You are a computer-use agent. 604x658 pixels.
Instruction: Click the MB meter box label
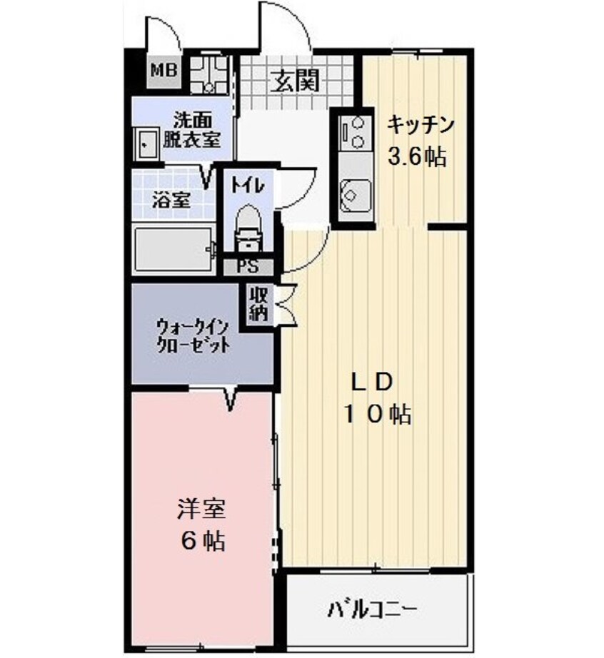[163, 71]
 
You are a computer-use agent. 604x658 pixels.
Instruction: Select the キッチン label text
[421, 126]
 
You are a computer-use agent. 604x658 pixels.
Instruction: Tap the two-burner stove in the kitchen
[353, 133]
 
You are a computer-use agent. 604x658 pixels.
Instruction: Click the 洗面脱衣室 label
[191, 131]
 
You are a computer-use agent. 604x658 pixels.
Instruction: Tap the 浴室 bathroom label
[171, 201]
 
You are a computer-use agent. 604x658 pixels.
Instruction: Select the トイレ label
[247, 184]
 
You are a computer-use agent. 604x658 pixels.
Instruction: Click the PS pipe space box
[248, 268]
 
